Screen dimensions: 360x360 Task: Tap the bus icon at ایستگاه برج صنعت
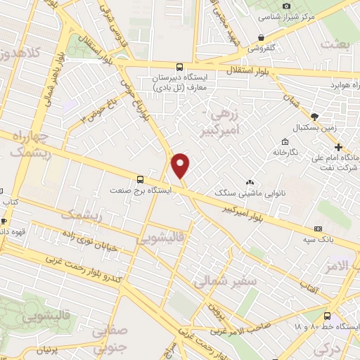click(139, 179)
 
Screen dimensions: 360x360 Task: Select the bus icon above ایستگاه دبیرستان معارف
click(179, 68)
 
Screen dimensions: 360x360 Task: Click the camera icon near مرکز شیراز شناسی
click(286, 6)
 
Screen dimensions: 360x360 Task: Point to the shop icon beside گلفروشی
click(262, 38)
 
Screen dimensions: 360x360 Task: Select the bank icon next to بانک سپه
click(319, 229)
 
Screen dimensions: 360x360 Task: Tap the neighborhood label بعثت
click(334, 44)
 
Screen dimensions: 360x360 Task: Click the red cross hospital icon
click(339, 148)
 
